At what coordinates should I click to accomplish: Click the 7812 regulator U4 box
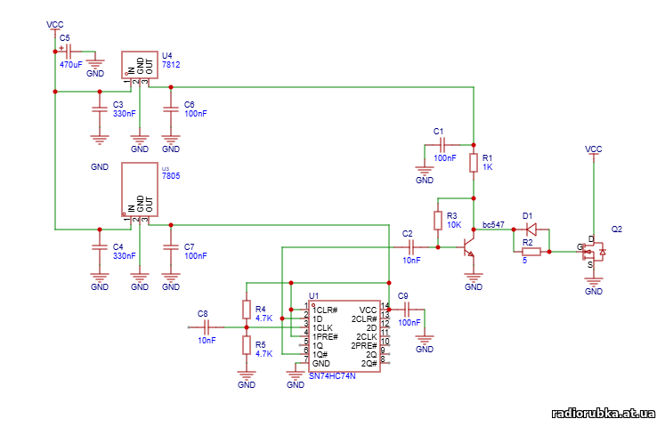coord(139,64)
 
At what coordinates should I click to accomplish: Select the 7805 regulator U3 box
coord(139,189)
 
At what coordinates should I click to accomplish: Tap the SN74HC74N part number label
coord(331,376)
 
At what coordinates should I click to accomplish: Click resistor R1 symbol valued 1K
coord(474,163)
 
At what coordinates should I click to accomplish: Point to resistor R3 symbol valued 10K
coord(438,221)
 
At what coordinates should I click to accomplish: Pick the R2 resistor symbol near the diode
coord(531,252)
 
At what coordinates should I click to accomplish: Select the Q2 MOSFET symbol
coord(593,253)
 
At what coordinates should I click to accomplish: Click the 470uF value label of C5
coord(71,65)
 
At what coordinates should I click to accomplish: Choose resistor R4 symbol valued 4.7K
coord(247,309)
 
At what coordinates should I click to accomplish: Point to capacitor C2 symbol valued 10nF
coord(410,246)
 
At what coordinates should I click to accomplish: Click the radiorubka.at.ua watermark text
coord(603,414)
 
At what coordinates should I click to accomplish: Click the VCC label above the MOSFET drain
coord(593,149)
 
